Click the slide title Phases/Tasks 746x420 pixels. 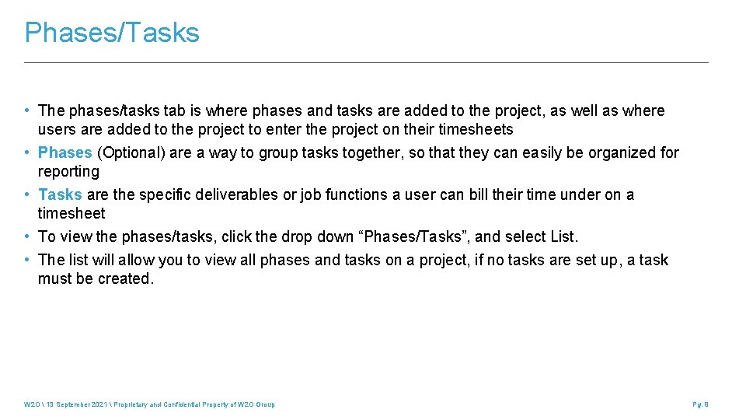click(112, 33)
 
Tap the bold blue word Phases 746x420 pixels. click(65, 152)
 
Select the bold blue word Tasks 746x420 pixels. click(60, 194)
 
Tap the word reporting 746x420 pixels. click(68, 171)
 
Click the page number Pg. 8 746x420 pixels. click(700, 404)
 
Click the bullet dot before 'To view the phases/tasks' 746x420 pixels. click(28, 236)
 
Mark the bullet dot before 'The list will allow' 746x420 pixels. click(28, 260)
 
